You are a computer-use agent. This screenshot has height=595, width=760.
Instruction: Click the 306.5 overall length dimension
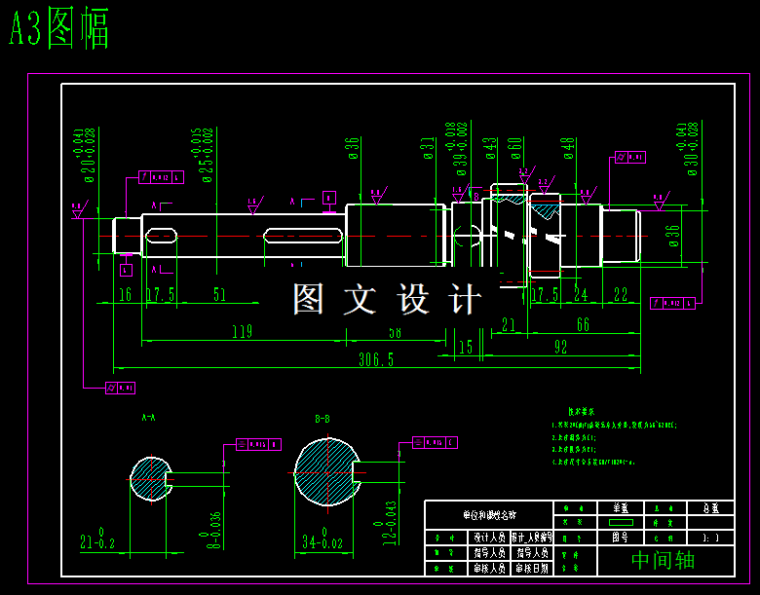tap(376, 359)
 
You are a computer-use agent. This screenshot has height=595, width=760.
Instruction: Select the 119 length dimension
tap(242, 332)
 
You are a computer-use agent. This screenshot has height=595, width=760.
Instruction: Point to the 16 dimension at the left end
tap(125, 295)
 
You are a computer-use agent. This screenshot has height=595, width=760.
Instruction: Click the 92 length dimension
tap(560, 347)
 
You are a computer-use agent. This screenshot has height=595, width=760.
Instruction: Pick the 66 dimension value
tap(583, 324)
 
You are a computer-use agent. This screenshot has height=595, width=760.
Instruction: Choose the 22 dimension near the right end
tap(621, 295)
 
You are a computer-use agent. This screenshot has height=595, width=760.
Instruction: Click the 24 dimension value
tap(581, 295)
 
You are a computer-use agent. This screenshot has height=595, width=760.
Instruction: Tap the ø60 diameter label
tap(514, 150)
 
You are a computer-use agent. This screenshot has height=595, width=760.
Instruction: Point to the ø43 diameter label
tap(490, 150)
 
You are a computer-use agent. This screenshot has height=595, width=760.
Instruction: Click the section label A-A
tap(149, 417)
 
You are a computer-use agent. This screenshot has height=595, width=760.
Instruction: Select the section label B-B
tap(322, 419)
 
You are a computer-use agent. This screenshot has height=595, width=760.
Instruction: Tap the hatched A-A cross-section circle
tap(149, 479)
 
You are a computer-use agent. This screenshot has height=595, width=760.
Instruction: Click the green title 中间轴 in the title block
tap(663, 560)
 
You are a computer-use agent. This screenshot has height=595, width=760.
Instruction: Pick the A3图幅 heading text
tap(58, 30)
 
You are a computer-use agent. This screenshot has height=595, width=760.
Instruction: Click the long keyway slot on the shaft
tap(302, 236)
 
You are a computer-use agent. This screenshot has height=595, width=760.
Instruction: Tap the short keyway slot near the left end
tap(161, 236)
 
